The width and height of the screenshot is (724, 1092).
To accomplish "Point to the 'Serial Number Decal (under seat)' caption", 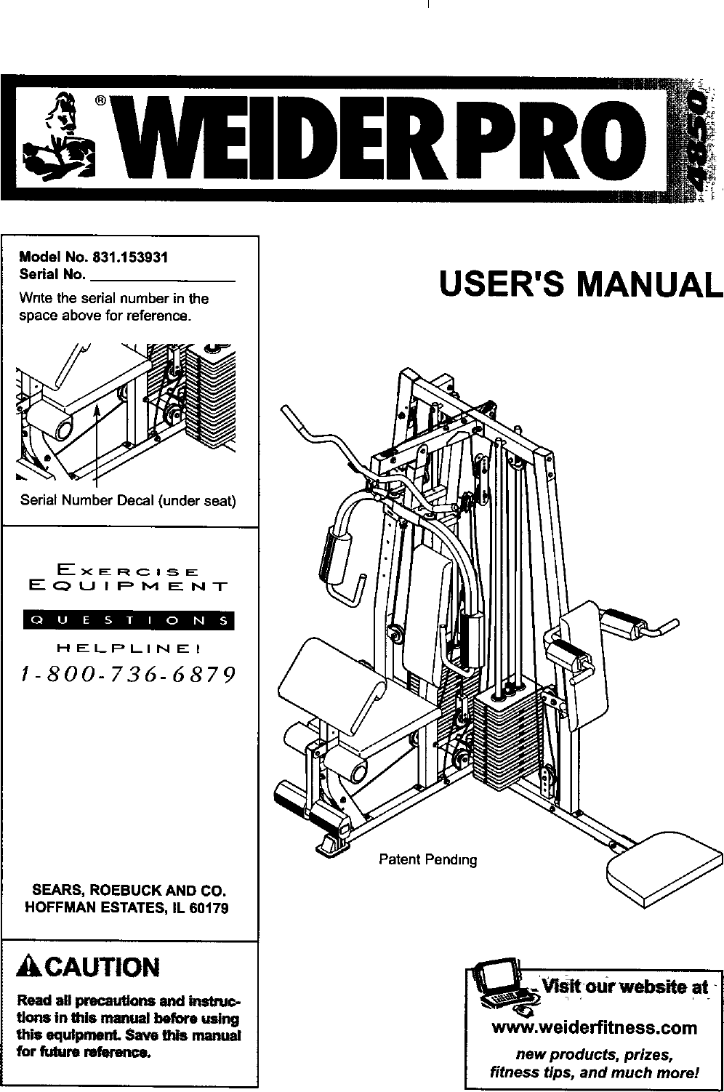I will click(128, 501).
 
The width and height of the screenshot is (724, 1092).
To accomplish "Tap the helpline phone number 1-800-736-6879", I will click(128, 675).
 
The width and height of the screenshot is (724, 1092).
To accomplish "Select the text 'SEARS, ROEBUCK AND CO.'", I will click(128, 891).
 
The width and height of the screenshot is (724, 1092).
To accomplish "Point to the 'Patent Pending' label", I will click(428, 860).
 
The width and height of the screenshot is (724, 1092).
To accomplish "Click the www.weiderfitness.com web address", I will click(595, 1028).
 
